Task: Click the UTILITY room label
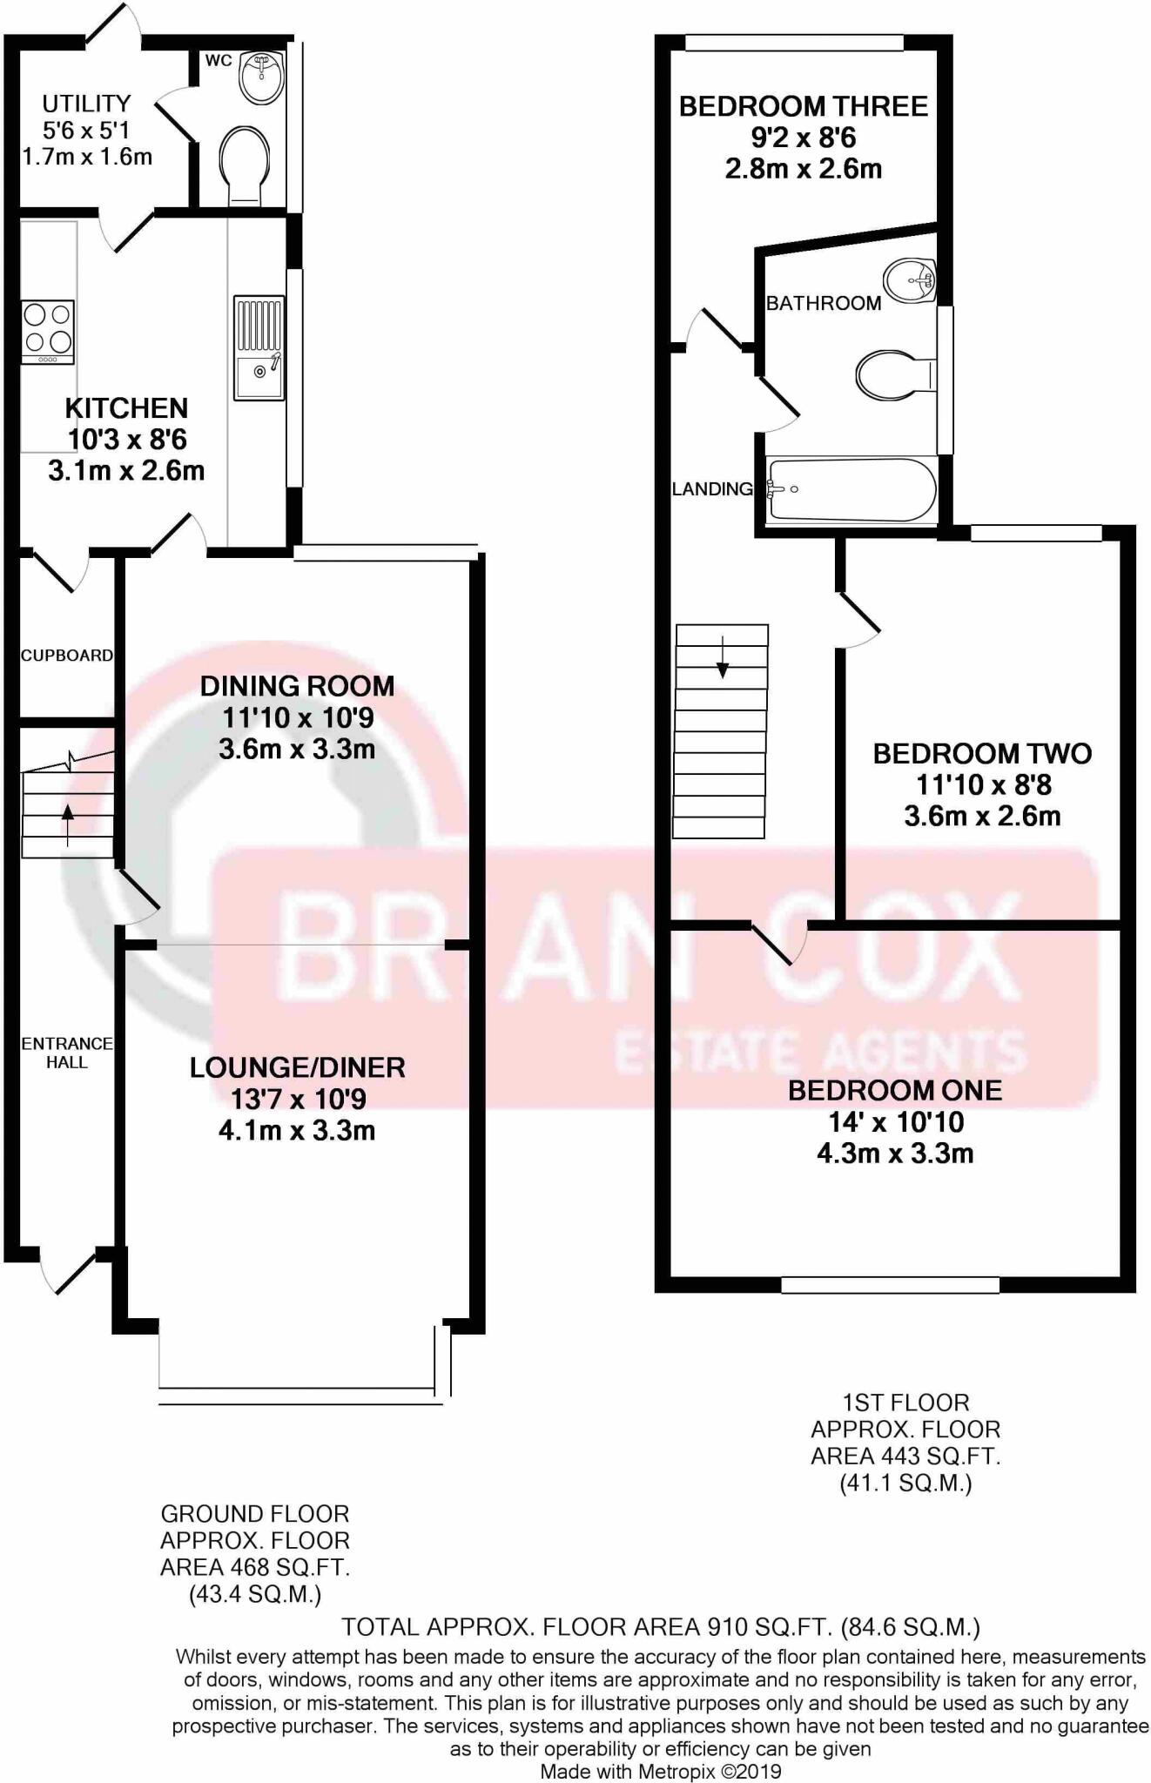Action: tap(86, 104)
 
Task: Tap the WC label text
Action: tap(219, 60)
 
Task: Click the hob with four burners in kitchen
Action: tap(48, 332)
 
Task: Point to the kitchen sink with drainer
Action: tap(259, 348)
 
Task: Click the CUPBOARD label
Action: tap(67, 656)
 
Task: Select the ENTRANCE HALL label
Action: tap(67, 1052)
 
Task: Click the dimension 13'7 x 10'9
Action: tap(297, 1099)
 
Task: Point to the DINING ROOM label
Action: tap(297, 686)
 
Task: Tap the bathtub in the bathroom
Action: tap(851, 489)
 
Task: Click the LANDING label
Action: tap(711, 489)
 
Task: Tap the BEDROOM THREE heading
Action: tap(803, 106)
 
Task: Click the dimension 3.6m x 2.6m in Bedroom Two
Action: tap(982, 816)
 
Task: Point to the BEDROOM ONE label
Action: tap(895, 1090)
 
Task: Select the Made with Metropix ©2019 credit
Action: tap(661, 1771)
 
